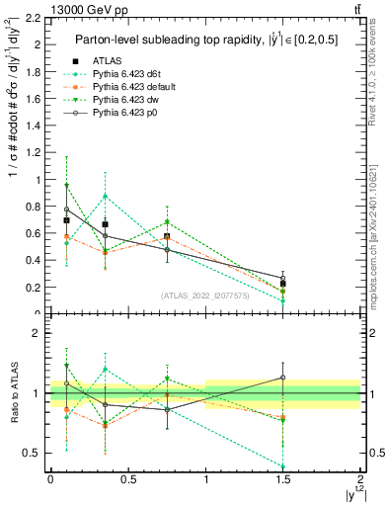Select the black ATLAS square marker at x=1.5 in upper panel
point(283,284)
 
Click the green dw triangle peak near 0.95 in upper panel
point(66,186)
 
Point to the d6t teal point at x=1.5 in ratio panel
point(283,466)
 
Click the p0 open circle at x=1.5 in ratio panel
point(283,377)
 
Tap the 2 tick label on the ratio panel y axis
point(39,333)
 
